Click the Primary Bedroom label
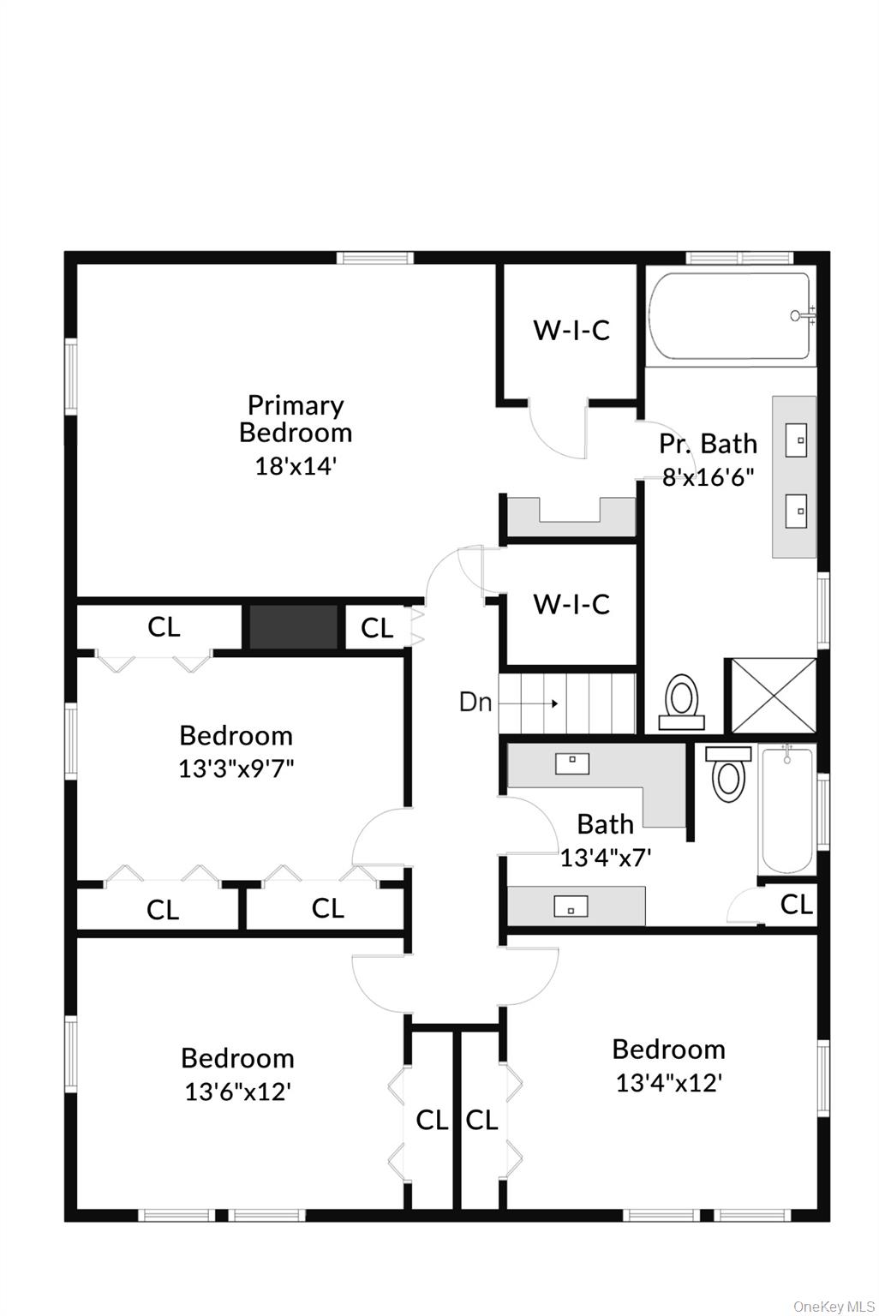[x=295, y=418]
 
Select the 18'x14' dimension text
[x=295, y=466]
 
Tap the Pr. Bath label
[x=708, y=444]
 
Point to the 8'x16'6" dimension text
[x=708, y=477]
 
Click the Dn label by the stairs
[x=475, y=703]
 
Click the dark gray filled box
[x=293, y=627]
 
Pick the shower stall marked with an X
[x=771, y=696]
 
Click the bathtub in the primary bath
[x=728, y=316]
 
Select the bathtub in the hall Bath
[x=786, y=807]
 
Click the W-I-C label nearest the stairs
[x=571, y=604]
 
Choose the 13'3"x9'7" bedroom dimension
[x=236, y=769]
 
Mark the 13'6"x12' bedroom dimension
[x=237, y=1092]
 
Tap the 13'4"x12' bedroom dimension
[x=668, y=1083]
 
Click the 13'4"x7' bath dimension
[x=606, y=858]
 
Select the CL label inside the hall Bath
[x=796, y=904]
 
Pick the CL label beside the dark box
[x=377, y=628]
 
